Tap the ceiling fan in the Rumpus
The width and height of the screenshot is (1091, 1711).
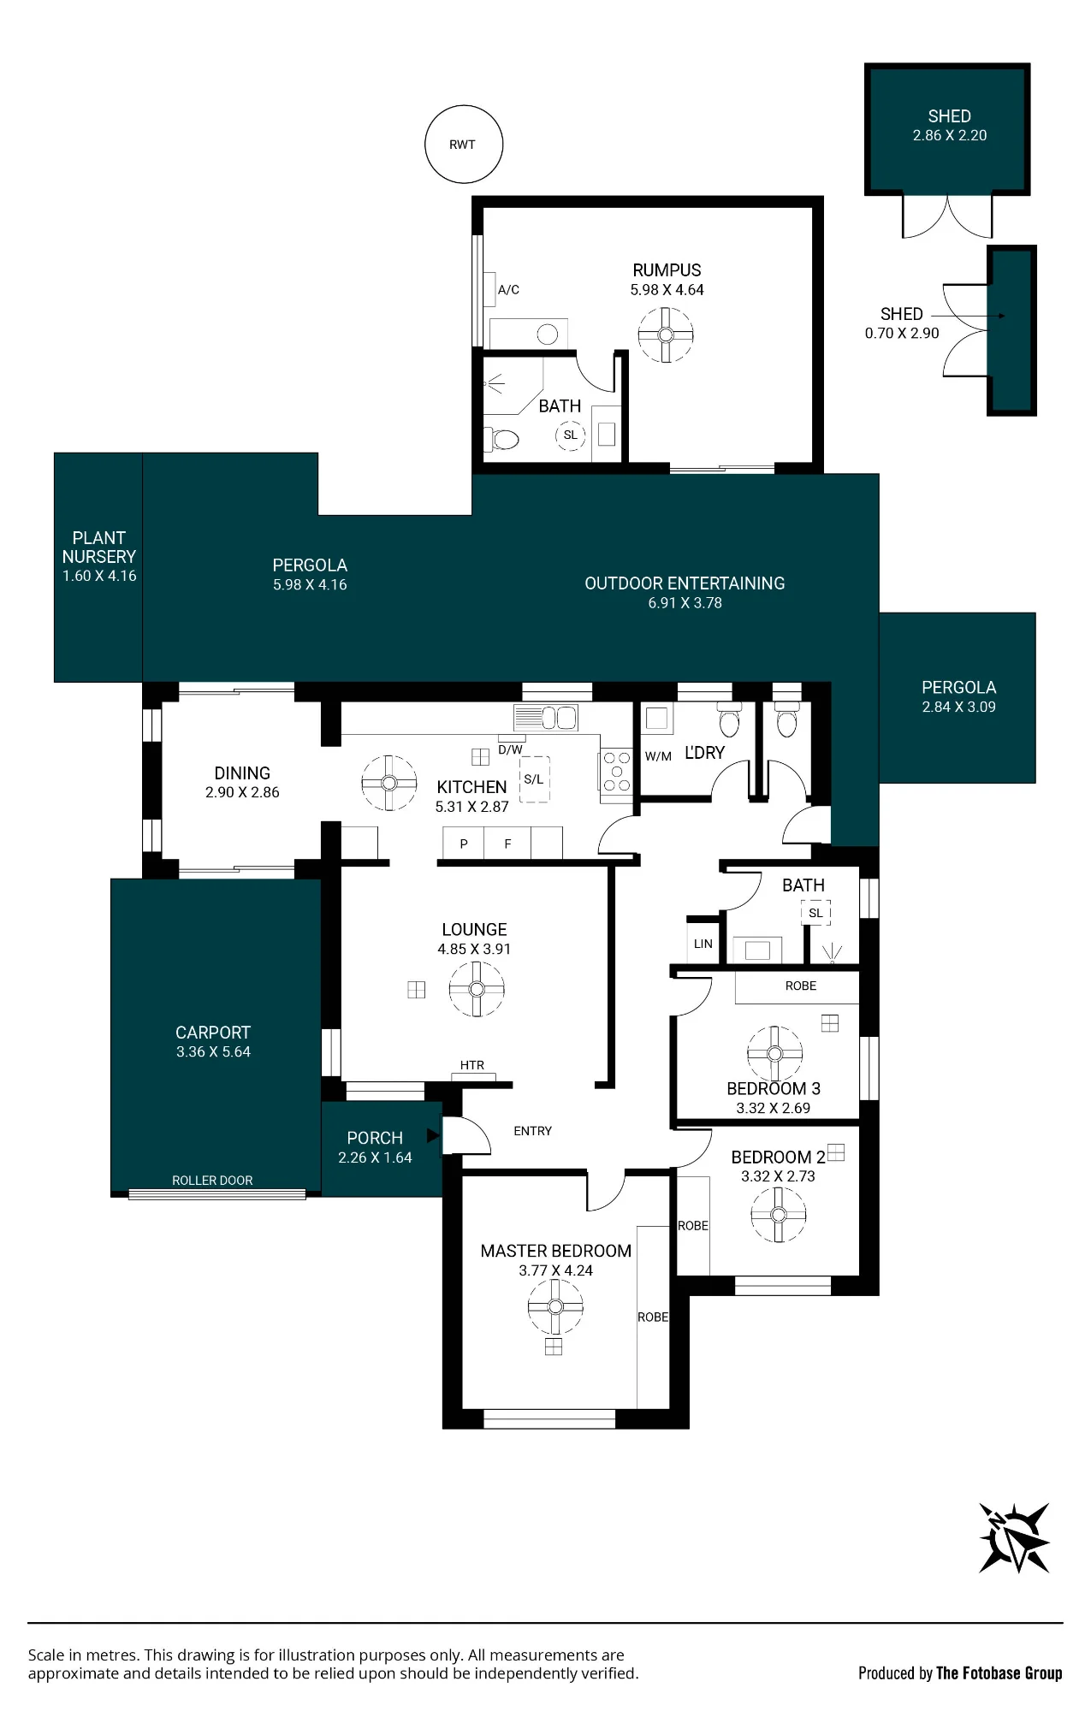tap(666, 335)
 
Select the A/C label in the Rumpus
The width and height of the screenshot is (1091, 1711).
tap(508, 290)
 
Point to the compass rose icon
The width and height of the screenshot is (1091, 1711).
tap(1015, 1537)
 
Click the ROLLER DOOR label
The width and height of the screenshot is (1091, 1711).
tap(212, 1181)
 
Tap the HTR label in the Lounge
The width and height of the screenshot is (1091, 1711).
tap(472, 1065)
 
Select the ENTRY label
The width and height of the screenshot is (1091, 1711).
tap(532, 1131)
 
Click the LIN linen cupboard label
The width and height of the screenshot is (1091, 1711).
tap(703, 944)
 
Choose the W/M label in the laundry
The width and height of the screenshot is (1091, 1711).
tap(658, 756)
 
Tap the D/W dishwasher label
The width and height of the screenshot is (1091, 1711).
tap(510, 749)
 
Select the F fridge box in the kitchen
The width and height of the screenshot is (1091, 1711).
tap(507, 844)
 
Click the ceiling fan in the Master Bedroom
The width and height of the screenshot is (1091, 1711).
tap(555, 1306)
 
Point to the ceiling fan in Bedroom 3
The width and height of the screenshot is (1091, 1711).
tap(774, 1053)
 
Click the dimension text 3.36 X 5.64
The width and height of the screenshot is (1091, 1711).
tap(213, 1052)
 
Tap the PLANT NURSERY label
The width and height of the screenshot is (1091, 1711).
tap(99, 547)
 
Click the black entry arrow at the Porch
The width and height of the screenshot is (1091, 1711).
tap(433, 1136)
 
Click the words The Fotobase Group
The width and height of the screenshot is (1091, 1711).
tap(999, 1673)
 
